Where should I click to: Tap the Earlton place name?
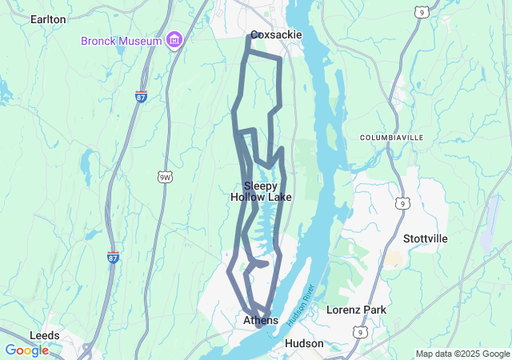coord(47,18)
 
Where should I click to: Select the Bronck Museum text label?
coord(122,41)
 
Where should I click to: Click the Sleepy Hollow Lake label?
coord(261,191)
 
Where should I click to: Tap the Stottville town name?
coord(426,238)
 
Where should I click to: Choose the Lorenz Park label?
coord(356,310)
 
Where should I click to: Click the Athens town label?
coord(261,320)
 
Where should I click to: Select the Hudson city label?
coord(304,343)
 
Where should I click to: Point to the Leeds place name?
coord(45,335)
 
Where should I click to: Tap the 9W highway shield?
coord(165,177)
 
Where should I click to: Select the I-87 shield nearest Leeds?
coord(113,258)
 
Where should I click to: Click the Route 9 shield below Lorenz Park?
coord(362,331)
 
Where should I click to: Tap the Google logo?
coord(26,350)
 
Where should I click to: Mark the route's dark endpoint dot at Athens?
coord(258,326)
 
